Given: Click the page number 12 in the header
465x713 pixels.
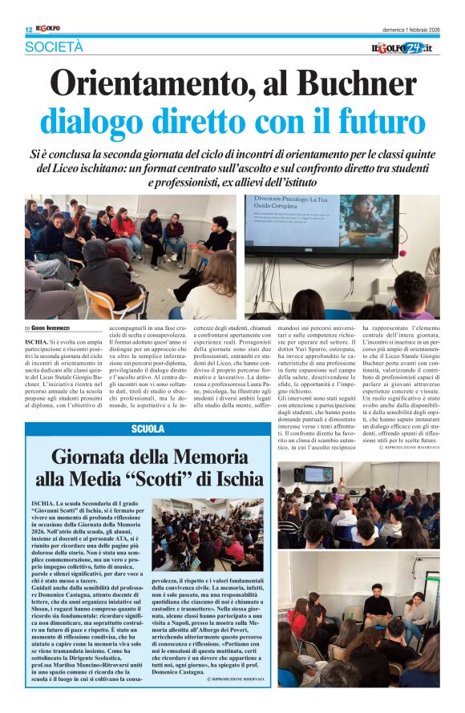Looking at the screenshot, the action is coord(28,30).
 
